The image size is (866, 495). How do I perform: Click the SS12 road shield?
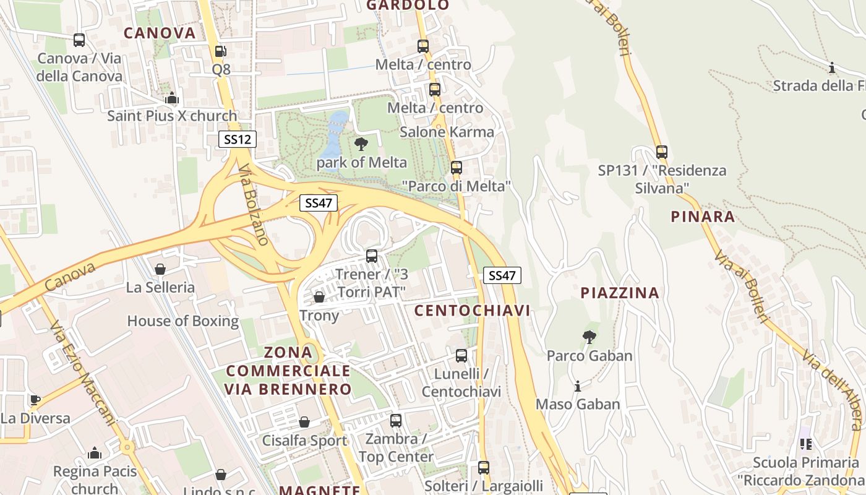pyautogui.click(x=238, y=139)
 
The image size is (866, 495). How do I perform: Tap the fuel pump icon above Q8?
pyautogui.click(x=221, y=52)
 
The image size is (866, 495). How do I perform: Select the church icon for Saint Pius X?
pyautogui.click(x=172, y=98)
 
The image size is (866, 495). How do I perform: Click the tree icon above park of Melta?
pyautogui.click(x=361, y=145)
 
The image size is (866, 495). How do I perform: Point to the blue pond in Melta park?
pyautogui.click(x=335, y=133)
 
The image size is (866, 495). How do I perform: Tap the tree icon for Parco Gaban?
pyautogui.click(x=589, y=337)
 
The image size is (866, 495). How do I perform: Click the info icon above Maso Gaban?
pyautogui.click(x=578, y=386)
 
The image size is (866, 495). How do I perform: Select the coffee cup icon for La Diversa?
pyautogui.click(x=35, y=400)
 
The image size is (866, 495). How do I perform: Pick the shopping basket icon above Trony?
pyautogui.click(x=319, y=298)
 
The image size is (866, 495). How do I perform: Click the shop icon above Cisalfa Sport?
pyautogui.click(x=304, y=422)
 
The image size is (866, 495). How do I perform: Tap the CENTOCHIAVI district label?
pyautogui.click(x=472, y=311)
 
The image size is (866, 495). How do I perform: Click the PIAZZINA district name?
pyautogui.click(x=620, y=293)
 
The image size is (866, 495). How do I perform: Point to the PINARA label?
pyautogui.click(x=703, y=217)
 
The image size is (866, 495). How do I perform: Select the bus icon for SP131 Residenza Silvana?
pyautogui.click(x=662, y=152)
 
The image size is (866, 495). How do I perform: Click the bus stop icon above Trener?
pyautogui.click(x=372, y=256)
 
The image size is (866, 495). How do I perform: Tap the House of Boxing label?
pyautogui.click(x=183, y=321)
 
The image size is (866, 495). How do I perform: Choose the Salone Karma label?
pyautogui.click(x=447, y=132)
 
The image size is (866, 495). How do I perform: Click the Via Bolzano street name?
pyautogui.click(x=254, y=204)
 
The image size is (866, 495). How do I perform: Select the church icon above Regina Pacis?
pyautogui.click(x=95, y=453)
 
